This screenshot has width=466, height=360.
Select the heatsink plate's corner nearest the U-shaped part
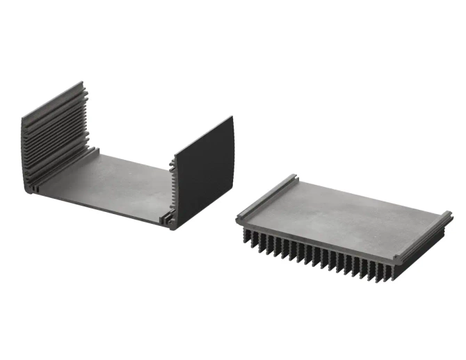click(x=239, y=219)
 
